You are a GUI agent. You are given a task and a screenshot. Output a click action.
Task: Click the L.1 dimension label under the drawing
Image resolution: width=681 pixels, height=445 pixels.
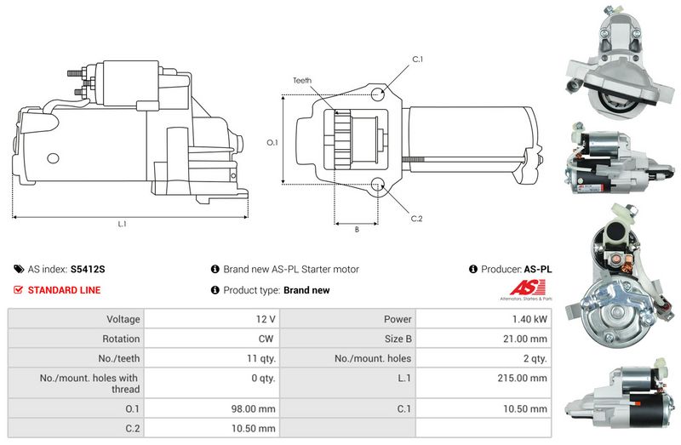pos(122,224)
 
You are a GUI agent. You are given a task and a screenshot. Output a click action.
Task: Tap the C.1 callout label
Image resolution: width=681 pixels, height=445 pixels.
pos(417,59)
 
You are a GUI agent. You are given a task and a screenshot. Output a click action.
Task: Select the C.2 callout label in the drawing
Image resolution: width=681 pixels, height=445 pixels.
pos(416,219)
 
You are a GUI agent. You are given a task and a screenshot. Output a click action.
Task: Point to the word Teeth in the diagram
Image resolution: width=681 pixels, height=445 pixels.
pos(302,80)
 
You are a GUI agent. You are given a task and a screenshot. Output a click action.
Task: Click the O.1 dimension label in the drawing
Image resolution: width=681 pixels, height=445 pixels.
pos(272,142)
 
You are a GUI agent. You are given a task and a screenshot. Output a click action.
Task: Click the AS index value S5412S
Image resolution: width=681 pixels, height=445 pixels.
pos(88,269)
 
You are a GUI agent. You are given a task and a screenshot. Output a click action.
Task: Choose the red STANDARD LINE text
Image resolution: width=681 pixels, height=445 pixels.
pos(64,290)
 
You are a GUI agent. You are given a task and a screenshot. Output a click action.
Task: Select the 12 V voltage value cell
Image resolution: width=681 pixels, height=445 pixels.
pos(265,319)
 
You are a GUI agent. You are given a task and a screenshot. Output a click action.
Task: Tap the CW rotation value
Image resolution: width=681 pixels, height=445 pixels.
pos(266,339)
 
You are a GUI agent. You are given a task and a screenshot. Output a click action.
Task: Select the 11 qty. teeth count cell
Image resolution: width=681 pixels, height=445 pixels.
pos(258,358)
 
